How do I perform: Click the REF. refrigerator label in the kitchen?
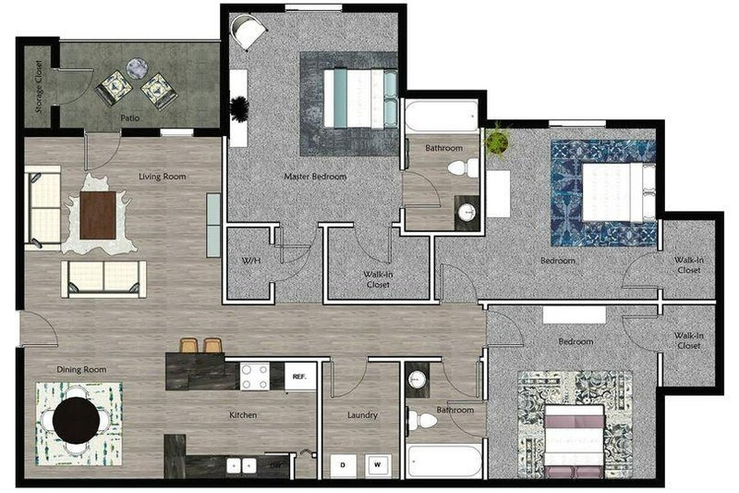tap(299, 376)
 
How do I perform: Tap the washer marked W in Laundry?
tap(376, 464)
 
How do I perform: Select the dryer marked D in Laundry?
tap(344, 464)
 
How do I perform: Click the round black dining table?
tap(77, 421)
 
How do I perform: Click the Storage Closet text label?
tap(39, 87)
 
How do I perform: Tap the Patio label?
tap(129, 118)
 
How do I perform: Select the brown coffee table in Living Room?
tap(98, 214)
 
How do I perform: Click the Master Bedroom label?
tap(315, 176)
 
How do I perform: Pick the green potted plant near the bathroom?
tap(498, 142)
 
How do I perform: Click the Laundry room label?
tap(362, 415)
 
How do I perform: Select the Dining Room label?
tap(81, 369)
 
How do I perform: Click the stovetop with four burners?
tap(255, 375)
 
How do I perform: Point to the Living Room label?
tap(164, 176)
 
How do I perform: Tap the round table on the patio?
tap(137, 68)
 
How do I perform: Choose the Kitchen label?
tap(243, 415)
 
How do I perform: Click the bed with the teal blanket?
tap(360, 98)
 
